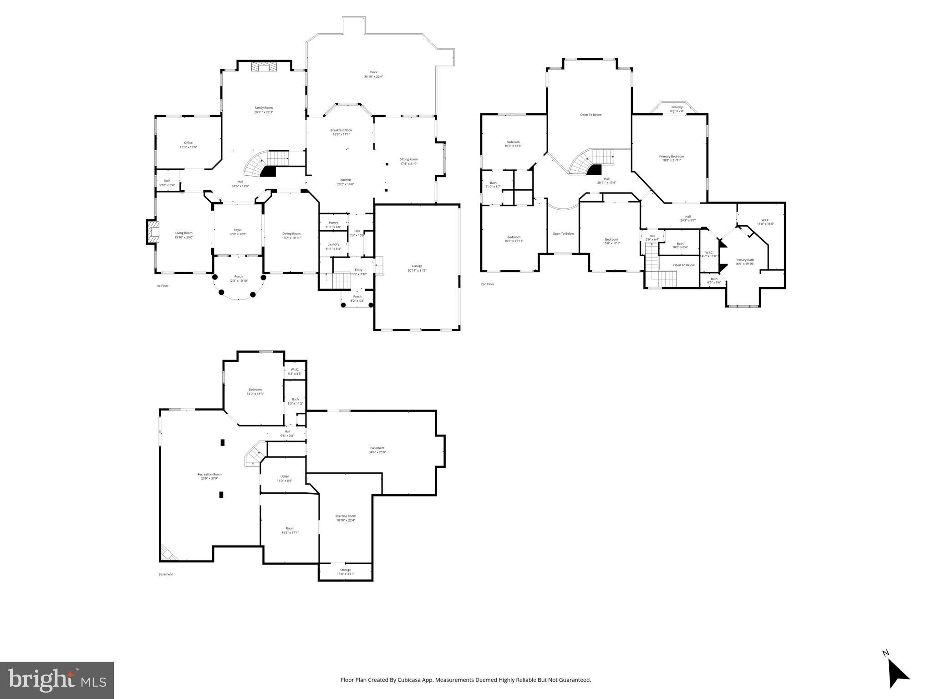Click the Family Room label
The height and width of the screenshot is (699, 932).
(x=264, y=108)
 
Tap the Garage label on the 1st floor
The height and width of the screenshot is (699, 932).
(x=417, y=266)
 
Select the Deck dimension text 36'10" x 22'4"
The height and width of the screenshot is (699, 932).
(x=373, y=77)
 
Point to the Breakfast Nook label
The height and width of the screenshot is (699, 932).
(x=341, y=130)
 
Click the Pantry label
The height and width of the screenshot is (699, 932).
(x=333, y=223)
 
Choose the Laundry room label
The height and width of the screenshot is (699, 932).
(x=333, y=244)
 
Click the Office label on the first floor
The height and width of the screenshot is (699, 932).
(x=188, y=143)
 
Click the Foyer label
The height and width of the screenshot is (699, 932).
(x=238, y=230)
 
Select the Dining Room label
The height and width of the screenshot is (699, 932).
(x=291, y=233)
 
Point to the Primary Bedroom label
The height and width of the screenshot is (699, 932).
(x=672, y=157)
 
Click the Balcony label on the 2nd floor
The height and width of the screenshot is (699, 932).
(x=677, y=107)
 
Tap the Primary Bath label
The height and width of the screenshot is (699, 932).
(x=744, y=260)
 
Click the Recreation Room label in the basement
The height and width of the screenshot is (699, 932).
(x=209, y=474)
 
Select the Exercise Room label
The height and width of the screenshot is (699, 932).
(x=346, y=516)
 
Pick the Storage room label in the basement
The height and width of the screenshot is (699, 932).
(x=346, y=570)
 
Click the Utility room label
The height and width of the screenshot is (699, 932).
(x=285, y=476)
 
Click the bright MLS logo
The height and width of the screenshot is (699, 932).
(x=57, y=680)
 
